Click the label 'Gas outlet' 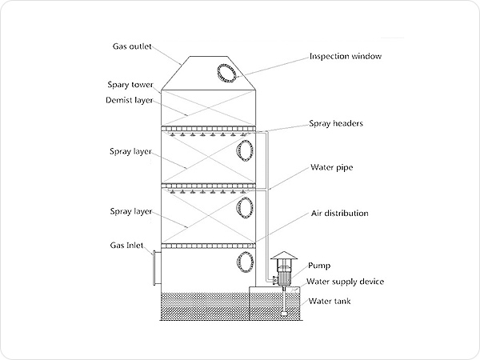pyautogui.click(x=132, y=46)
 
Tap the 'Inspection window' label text pyautogui.click(x=345, y=57)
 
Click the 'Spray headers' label pyautogui.click(x=337, y=124)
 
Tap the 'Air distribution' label pyautogui.click(x=339, y=214)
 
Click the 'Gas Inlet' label pyautogui.click(x=126, y=245)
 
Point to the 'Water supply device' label pyautogui.click(x=346, y=282)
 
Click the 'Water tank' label pyautogui.click(x=330, y=301)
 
